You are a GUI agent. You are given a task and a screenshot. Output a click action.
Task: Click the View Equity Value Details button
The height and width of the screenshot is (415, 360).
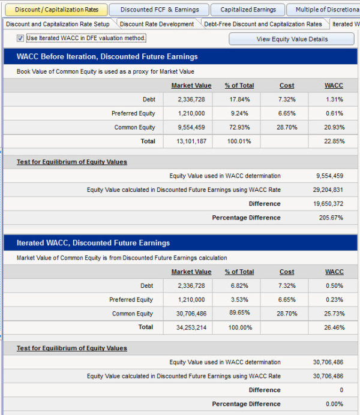292,39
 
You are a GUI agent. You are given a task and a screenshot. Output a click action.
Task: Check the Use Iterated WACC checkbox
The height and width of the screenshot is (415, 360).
20,38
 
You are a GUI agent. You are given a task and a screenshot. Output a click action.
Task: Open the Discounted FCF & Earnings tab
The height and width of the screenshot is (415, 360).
160,10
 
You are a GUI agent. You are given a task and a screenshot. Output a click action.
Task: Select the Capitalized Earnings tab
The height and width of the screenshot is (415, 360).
248,10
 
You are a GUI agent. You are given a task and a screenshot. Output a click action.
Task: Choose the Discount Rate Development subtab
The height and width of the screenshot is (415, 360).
157,24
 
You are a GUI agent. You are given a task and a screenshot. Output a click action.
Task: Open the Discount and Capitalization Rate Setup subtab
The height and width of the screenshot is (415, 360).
58,24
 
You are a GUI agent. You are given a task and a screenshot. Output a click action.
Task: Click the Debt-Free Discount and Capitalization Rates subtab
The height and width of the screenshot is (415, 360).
263,24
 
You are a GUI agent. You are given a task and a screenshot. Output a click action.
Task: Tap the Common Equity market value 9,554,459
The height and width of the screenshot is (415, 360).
191,127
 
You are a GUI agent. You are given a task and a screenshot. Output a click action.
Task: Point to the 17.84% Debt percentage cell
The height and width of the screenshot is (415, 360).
239,100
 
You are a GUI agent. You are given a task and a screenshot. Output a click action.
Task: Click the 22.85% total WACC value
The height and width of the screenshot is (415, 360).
334,142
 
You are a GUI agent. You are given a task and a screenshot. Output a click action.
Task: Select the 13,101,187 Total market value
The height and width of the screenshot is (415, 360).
191,142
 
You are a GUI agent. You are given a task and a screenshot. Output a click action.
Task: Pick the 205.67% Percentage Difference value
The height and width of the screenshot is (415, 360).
331,218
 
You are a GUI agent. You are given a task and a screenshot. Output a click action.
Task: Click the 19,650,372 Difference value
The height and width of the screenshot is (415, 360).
328,204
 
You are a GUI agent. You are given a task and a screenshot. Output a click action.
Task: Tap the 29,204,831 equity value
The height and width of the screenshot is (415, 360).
328,190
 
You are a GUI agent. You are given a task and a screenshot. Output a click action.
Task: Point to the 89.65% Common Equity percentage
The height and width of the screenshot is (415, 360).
239,312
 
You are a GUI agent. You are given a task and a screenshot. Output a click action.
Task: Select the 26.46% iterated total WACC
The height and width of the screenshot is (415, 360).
334,327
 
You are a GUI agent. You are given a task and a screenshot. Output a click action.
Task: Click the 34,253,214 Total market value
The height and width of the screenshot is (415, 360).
191,327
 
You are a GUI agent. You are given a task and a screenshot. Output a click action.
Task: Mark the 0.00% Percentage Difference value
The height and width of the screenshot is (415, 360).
334,404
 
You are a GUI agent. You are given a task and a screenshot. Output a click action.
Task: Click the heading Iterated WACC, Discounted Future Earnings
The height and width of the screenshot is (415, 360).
93,243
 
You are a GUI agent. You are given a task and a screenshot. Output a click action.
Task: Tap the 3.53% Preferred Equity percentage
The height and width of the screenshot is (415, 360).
239,300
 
